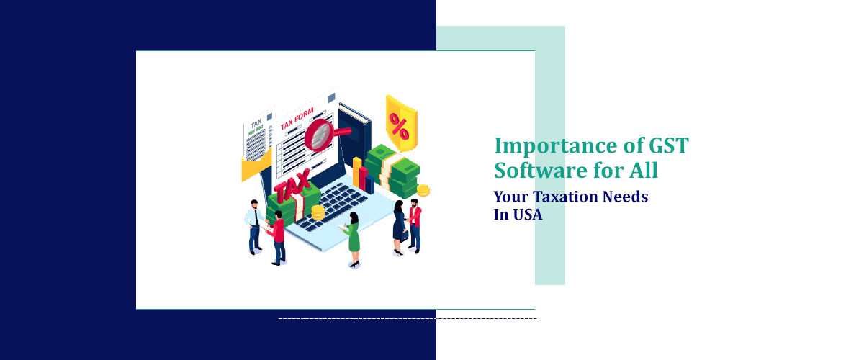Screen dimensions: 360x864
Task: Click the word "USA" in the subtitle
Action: coord(527,214)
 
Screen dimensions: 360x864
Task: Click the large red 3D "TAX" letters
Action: coord(294,186)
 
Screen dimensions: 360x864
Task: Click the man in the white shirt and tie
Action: coord(254,225)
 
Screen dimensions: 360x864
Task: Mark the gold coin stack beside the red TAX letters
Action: coord(318,212)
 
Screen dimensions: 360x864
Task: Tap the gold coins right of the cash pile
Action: coord(423,190)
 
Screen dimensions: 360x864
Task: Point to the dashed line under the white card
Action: coord(407,318)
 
